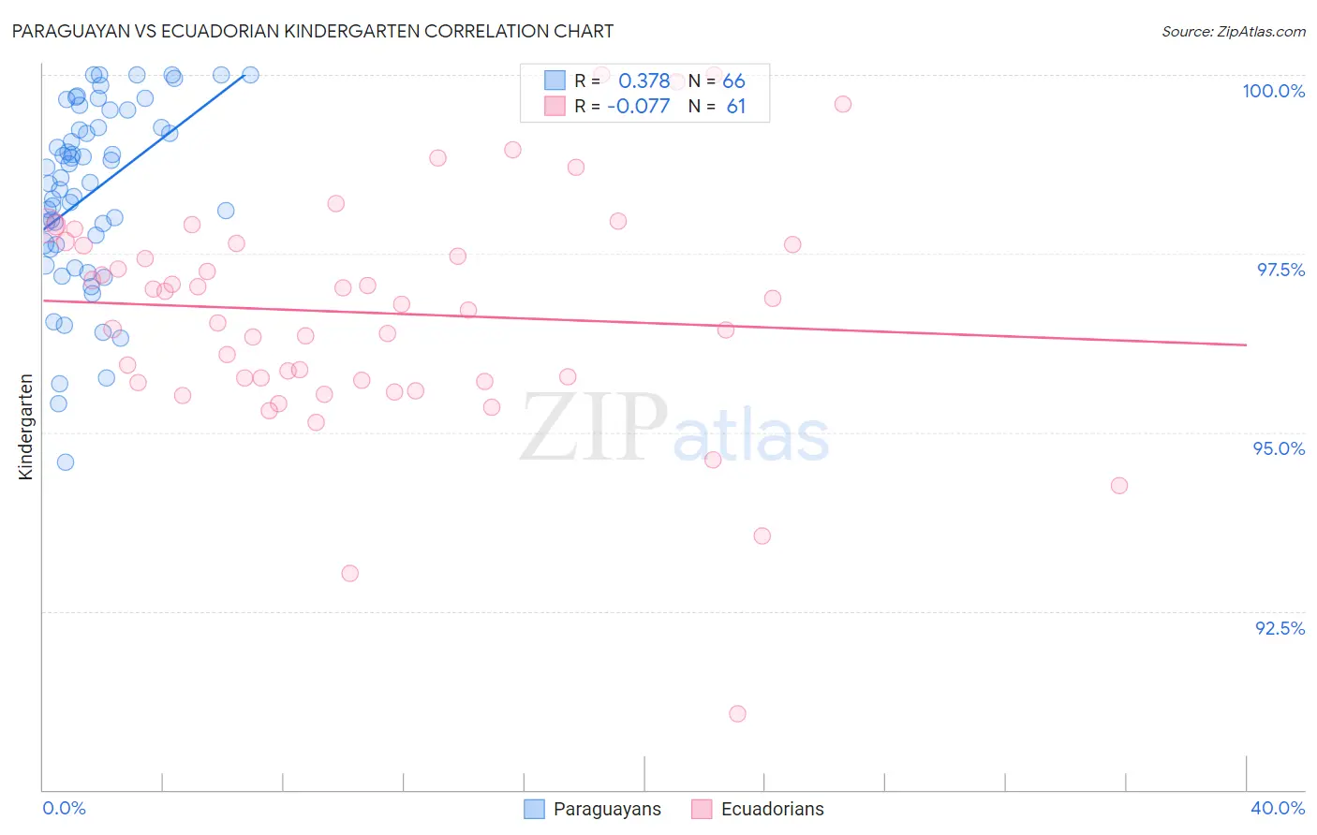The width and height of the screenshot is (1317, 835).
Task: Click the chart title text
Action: pyautogui.click(x=313, y=31)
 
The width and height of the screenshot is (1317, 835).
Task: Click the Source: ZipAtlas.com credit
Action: pyautogui.click(x=1233, y=31)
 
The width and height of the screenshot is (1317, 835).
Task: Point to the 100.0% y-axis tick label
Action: pyautogui.click(x=1273, y=91)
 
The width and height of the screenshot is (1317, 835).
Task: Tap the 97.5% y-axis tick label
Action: pyautogui.click(x=1280, y=270)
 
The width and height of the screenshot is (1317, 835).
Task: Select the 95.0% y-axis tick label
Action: pyautogui.click(x=1279, y=448)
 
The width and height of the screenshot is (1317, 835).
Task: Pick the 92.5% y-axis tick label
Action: pyautogui.click(x=1280, y=628)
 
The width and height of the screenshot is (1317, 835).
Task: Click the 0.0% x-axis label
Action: pyautogui.click(x=64, y=808)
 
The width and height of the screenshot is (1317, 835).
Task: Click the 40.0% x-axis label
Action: pyautogui.click(x=1277, y=808)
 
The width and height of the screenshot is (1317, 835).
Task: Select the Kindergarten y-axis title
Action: pyautogui.click(x=25, y=427)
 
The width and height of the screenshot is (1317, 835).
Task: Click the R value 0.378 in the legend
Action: pyautogui.click(x=644, y=81)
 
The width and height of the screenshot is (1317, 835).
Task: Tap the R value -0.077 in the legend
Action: pyautogui.click(x=638, y=106)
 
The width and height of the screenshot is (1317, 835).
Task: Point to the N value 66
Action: pyautogui.click(x=733, y=81)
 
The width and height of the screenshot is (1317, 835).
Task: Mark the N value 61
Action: pyautogui.click(x=736, y=106)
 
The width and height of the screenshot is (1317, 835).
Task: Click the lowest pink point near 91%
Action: pyautogui.click(x=737, y=713)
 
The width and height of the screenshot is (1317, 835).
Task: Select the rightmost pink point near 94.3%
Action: pyautogui.click(x=1118, y=485)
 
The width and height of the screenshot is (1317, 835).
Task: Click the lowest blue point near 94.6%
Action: pyautogui.click(x=65, y=461)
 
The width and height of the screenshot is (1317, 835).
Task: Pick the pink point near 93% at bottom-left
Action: pyautogui.click(x=349, y=573)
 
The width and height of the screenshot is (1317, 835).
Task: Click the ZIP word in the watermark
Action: pyautogui.click(x=593, y=428)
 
